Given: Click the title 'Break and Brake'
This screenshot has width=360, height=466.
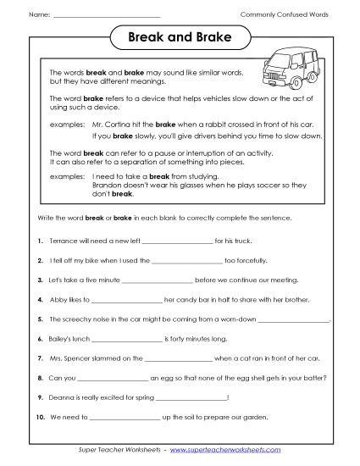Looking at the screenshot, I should pos(180,39).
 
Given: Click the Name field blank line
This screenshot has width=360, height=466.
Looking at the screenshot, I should pos(106,16).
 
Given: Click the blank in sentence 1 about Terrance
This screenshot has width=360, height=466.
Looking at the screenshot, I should pos(176,242).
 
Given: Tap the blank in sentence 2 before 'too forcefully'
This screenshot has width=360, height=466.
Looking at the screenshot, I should pos(185,261).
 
